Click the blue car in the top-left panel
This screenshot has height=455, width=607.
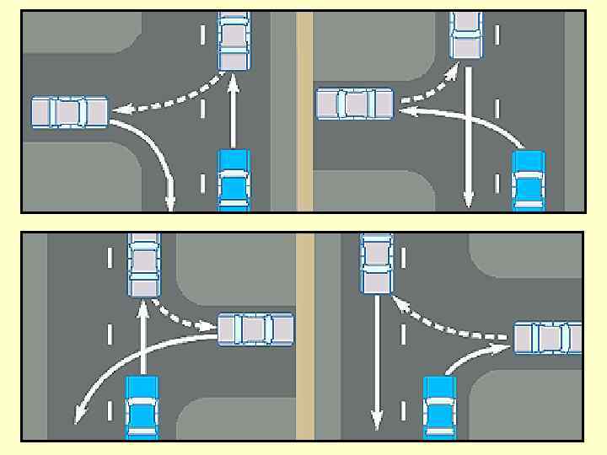coord(234,179)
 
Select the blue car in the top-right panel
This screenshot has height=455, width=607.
coord(529,180)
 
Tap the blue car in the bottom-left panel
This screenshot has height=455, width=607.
coord(142,408)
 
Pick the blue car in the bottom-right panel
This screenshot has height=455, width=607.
coord(439,408)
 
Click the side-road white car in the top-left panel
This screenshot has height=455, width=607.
coord(70,112)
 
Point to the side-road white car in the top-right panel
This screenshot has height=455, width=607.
coord(354,104)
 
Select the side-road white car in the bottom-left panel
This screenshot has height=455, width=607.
coord(256,329)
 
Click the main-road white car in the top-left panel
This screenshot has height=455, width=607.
coord(234,40)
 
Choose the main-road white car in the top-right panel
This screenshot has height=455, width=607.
coord(466,35)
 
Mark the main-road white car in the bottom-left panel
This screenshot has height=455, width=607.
coord(143,265)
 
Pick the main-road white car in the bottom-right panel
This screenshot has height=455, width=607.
coord(377,265)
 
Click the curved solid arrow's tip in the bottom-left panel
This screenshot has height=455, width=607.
coord(78,419)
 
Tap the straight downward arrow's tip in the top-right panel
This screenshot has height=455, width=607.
coord(469,204)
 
